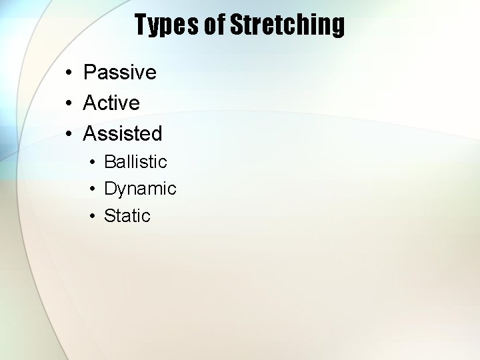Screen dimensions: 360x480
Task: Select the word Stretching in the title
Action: (287, 25)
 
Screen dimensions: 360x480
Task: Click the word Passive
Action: (120, 72)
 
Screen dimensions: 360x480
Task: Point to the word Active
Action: (111, 103)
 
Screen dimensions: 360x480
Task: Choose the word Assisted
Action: (123, 133)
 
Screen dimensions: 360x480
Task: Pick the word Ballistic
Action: (135, 162)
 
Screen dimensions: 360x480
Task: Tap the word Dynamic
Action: (140, 189)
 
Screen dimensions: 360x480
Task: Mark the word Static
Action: (127, 215)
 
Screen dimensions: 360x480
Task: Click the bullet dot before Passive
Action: (69, 73)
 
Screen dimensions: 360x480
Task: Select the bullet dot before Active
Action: (69, 103)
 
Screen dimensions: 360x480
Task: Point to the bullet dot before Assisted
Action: (69, 134)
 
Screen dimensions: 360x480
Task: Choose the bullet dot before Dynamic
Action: (91, 189)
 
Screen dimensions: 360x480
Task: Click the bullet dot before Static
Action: (91, 216)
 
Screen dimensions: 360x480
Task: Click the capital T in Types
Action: (142, 25)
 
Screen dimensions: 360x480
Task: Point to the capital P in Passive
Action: (89, 72)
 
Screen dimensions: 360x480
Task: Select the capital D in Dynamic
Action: (110, 189)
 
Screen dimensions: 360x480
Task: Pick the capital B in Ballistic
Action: (110, 162)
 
